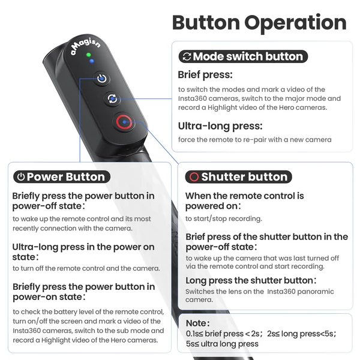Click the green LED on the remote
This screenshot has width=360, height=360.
(x=88, y=55)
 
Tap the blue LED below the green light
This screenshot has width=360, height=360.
(x=92, y=61)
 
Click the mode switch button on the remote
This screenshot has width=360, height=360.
(x=112, y=99)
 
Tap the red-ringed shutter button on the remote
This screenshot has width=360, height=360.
(x=124, y=122)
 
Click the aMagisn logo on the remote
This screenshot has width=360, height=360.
(x=85, y=46)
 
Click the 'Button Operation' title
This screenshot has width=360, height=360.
(x=259, y=23)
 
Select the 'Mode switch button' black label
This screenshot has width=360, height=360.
(x=243, y=56)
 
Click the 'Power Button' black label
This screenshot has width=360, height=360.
(x=62, y=177)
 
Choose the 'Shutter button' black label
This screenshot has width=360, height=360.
(x=239, y=177)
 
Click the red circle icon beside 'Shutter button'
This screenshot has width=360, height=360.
(x=194, y=177)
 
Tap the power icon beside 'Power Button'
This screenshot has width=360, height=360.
(x=21, y=177)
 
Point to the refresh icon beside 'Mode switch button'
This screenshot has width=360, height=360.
(x=187, y=56)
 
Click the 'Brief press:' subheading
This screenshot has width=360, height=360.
(x=205, y=75)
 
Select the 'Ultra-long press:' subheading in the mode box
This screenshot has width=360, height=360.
(x=220, y=126)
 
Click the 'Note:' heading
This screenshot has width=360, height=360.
(x=197, y=323)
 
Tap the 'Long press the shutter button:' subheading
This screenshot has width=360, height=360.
(x=251, y=281)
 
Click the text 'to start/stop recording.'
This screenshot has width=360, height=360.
(x=224, y=219)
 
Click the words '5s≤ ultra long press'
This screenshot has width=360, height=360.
(x=222, y=344)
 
